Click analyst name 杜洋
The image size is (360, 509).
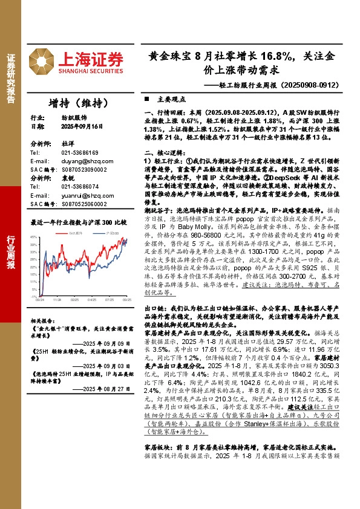(x=67, y=144)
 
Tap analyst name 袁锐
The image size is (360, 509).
(x=67, y=179)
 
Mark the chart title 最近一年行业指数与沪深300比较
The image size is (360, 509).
(x=78, y=222)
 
